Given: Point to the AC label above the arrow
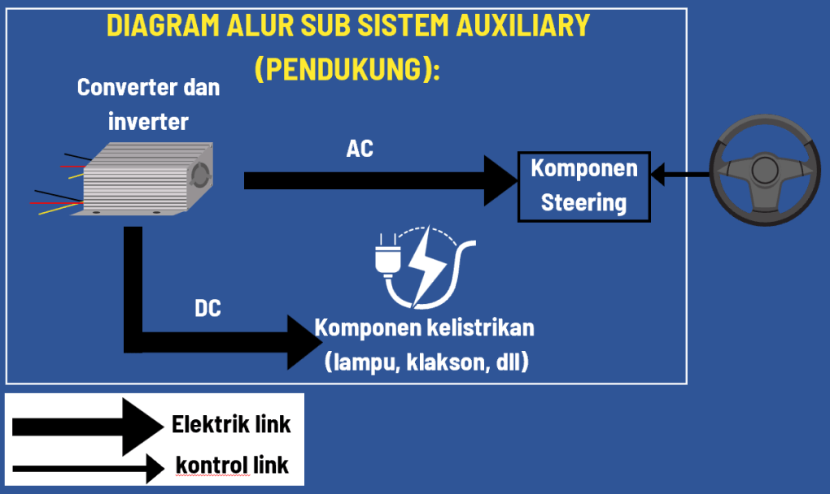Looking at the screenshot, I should (x=360, y=149).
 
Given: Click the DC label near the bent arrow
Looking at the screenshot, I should (x=208, y=309).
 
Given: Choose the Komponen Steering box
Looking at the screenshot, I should (x=584, y=186).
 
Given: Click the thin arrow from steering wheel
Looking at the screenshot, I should (x=679, y=173).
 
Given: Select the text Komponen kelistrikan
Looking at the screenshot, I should (x=425, y=328).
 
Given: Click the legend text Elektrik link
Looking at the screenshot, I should (x=231, y=424).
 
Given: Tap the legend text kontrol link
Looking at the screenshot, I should (x=232, y=466).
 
